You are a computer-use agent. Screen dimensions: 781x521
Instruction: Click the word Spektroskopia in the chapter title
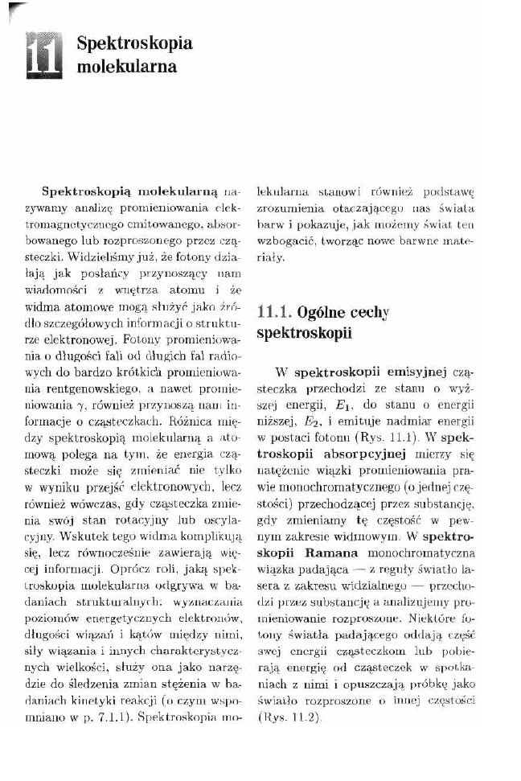tap(134, 44)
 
